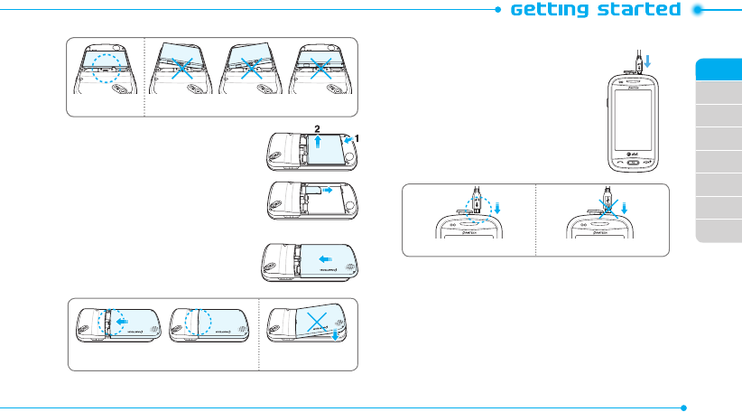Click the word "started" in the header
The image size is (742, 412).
click(643, 10)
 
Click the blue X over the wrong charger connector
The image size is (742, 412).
click(608, 206)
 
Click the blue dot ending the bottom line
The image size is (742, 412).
click(685, 406)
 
